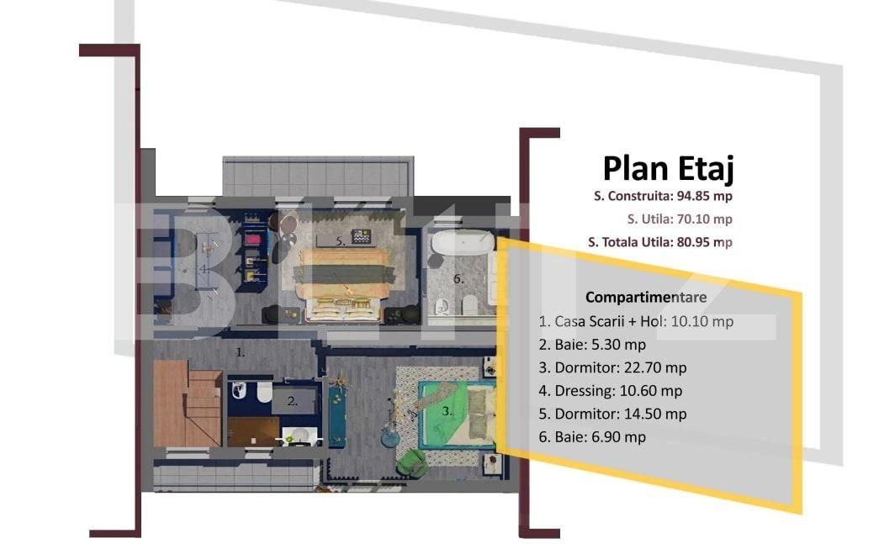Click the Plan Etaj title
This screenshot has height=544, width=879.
tap(669, 169)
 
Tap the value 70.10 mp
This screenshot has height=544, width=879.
tap(705, 219)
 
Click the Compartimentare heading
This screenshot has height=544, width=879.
tap(646, 297)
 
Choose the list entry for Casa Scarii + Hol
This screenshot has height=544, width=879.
tap(636, 321)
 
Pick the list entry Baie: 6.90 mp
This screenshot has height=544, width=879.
tap(592, 436)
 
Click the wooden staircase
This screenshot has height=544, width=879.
tap(187, 404)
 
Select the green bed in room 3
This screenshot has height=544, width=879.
tap(454, 412)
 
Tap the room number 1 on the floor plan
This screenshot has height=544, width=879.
tap(240, 353)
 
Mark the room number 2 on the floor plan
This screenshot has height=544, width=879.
tap(292, 402)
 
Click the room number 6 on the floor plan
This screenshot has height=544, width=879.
tap(459, 279)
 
